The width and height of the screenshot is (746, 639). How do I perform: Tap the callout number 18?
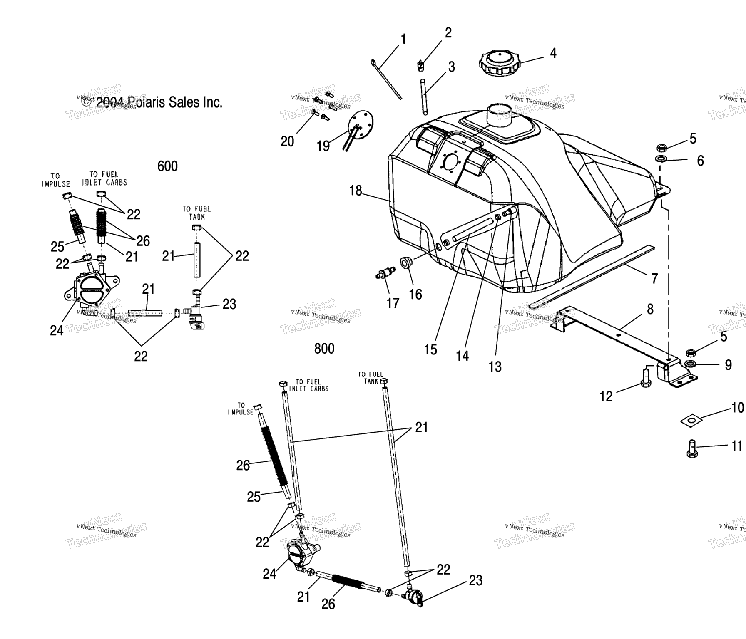tap(356, 191)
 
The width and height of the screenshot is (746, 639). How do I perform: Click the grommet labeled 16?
tap(405, 264)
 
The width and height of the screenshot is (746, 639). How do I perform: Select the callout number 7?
tap(654, 278)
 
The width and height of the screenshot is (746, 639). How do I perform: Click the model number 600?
tap(167, 166)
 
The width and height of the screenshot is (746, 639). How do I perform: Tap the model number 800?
tap(324, 349)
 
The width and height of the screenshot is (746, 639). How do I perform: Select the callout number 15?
tap(430, 350)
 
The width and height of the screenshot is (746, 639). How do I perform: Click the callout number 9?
tap(728, 365)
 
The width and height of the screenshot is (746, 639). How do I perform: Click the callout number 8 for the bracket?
tap(650, 310)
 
